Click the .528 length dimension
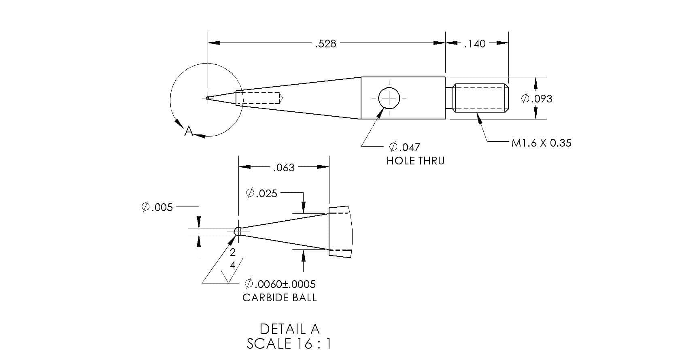(x=325, y=44)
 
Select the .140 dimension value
(x=475, y=44)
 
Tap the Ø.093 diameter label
(x=537, y=98)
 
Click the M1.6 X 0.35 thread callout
(x=541, y=143)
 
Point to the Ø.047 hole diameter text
(x=404, y=147)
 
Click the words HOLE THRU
(x=415, y=161)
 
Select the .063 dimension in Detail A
(x=284, y=168)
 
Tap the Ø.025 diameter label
(x=261, y=193)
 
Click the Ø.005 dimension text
(x=157, y=207)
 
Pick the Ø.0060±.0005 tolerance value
(x=280, y=284)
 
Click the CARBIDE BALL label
(x=280, y=298)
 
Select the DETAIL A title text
(x=289, y=329)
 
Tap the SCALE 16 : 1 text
(x=289, y=344)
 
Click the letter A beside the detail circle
(x=189, y=131)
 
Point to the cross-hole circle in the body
(x=389, y=98)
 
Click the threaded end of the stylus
(x=480, y=98)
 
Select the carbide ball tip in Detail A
(x=238, y=231)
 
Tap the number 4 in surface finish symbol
(x=233, y=265)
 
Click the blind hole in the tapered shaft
(x=259, y=98)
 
